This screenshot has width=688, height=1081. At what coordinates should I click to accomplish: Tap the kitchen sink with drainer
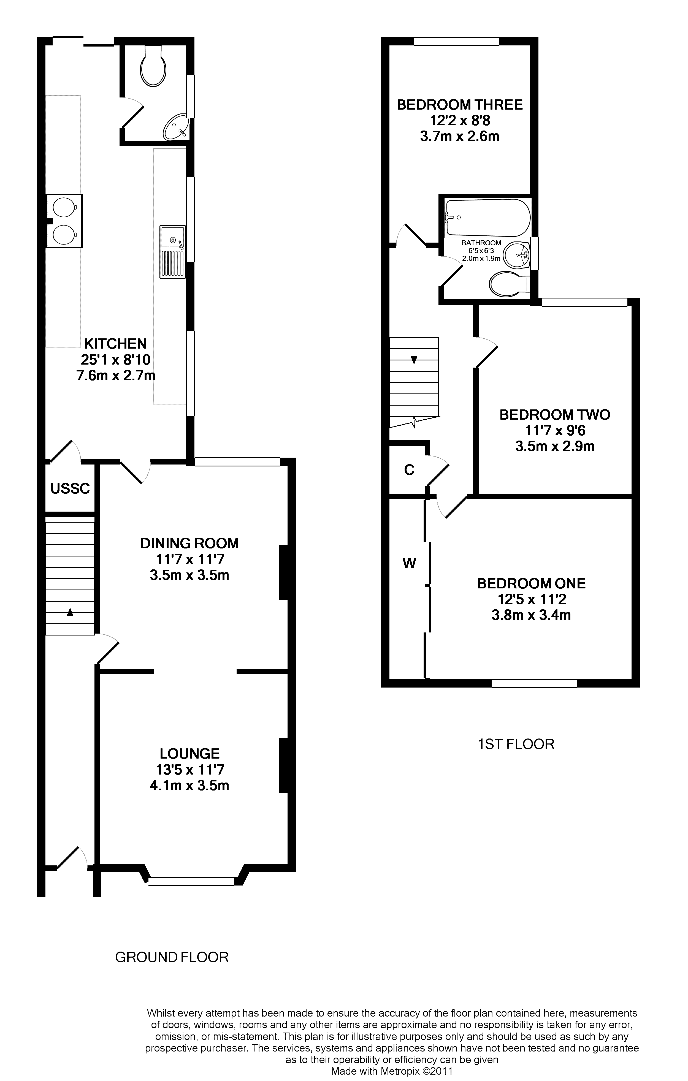point(172,251)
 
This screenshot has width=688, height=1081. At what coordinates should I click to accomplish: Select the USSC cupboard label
point(70,488)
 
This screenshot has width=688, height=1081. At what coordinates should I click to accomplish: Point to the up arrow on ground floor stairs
point(70,613)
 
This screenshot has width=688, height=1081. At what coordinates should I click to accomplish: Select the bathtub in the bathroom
point(487,218)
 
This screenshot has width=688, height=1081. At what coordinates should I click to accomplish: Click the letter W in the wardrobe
point(409,563)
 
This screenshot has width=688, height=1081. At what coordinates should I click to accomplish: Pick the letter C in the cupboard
point(409,470)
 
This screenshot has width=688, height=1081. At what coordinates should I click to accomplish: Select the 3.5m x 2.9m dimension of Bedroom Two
point(555,446)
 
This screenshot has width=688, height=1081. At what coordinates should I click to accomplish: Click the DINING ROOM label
point(189,543)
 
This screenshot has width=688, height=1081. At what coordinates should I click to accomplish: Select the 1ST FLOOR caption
point(516,744)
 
